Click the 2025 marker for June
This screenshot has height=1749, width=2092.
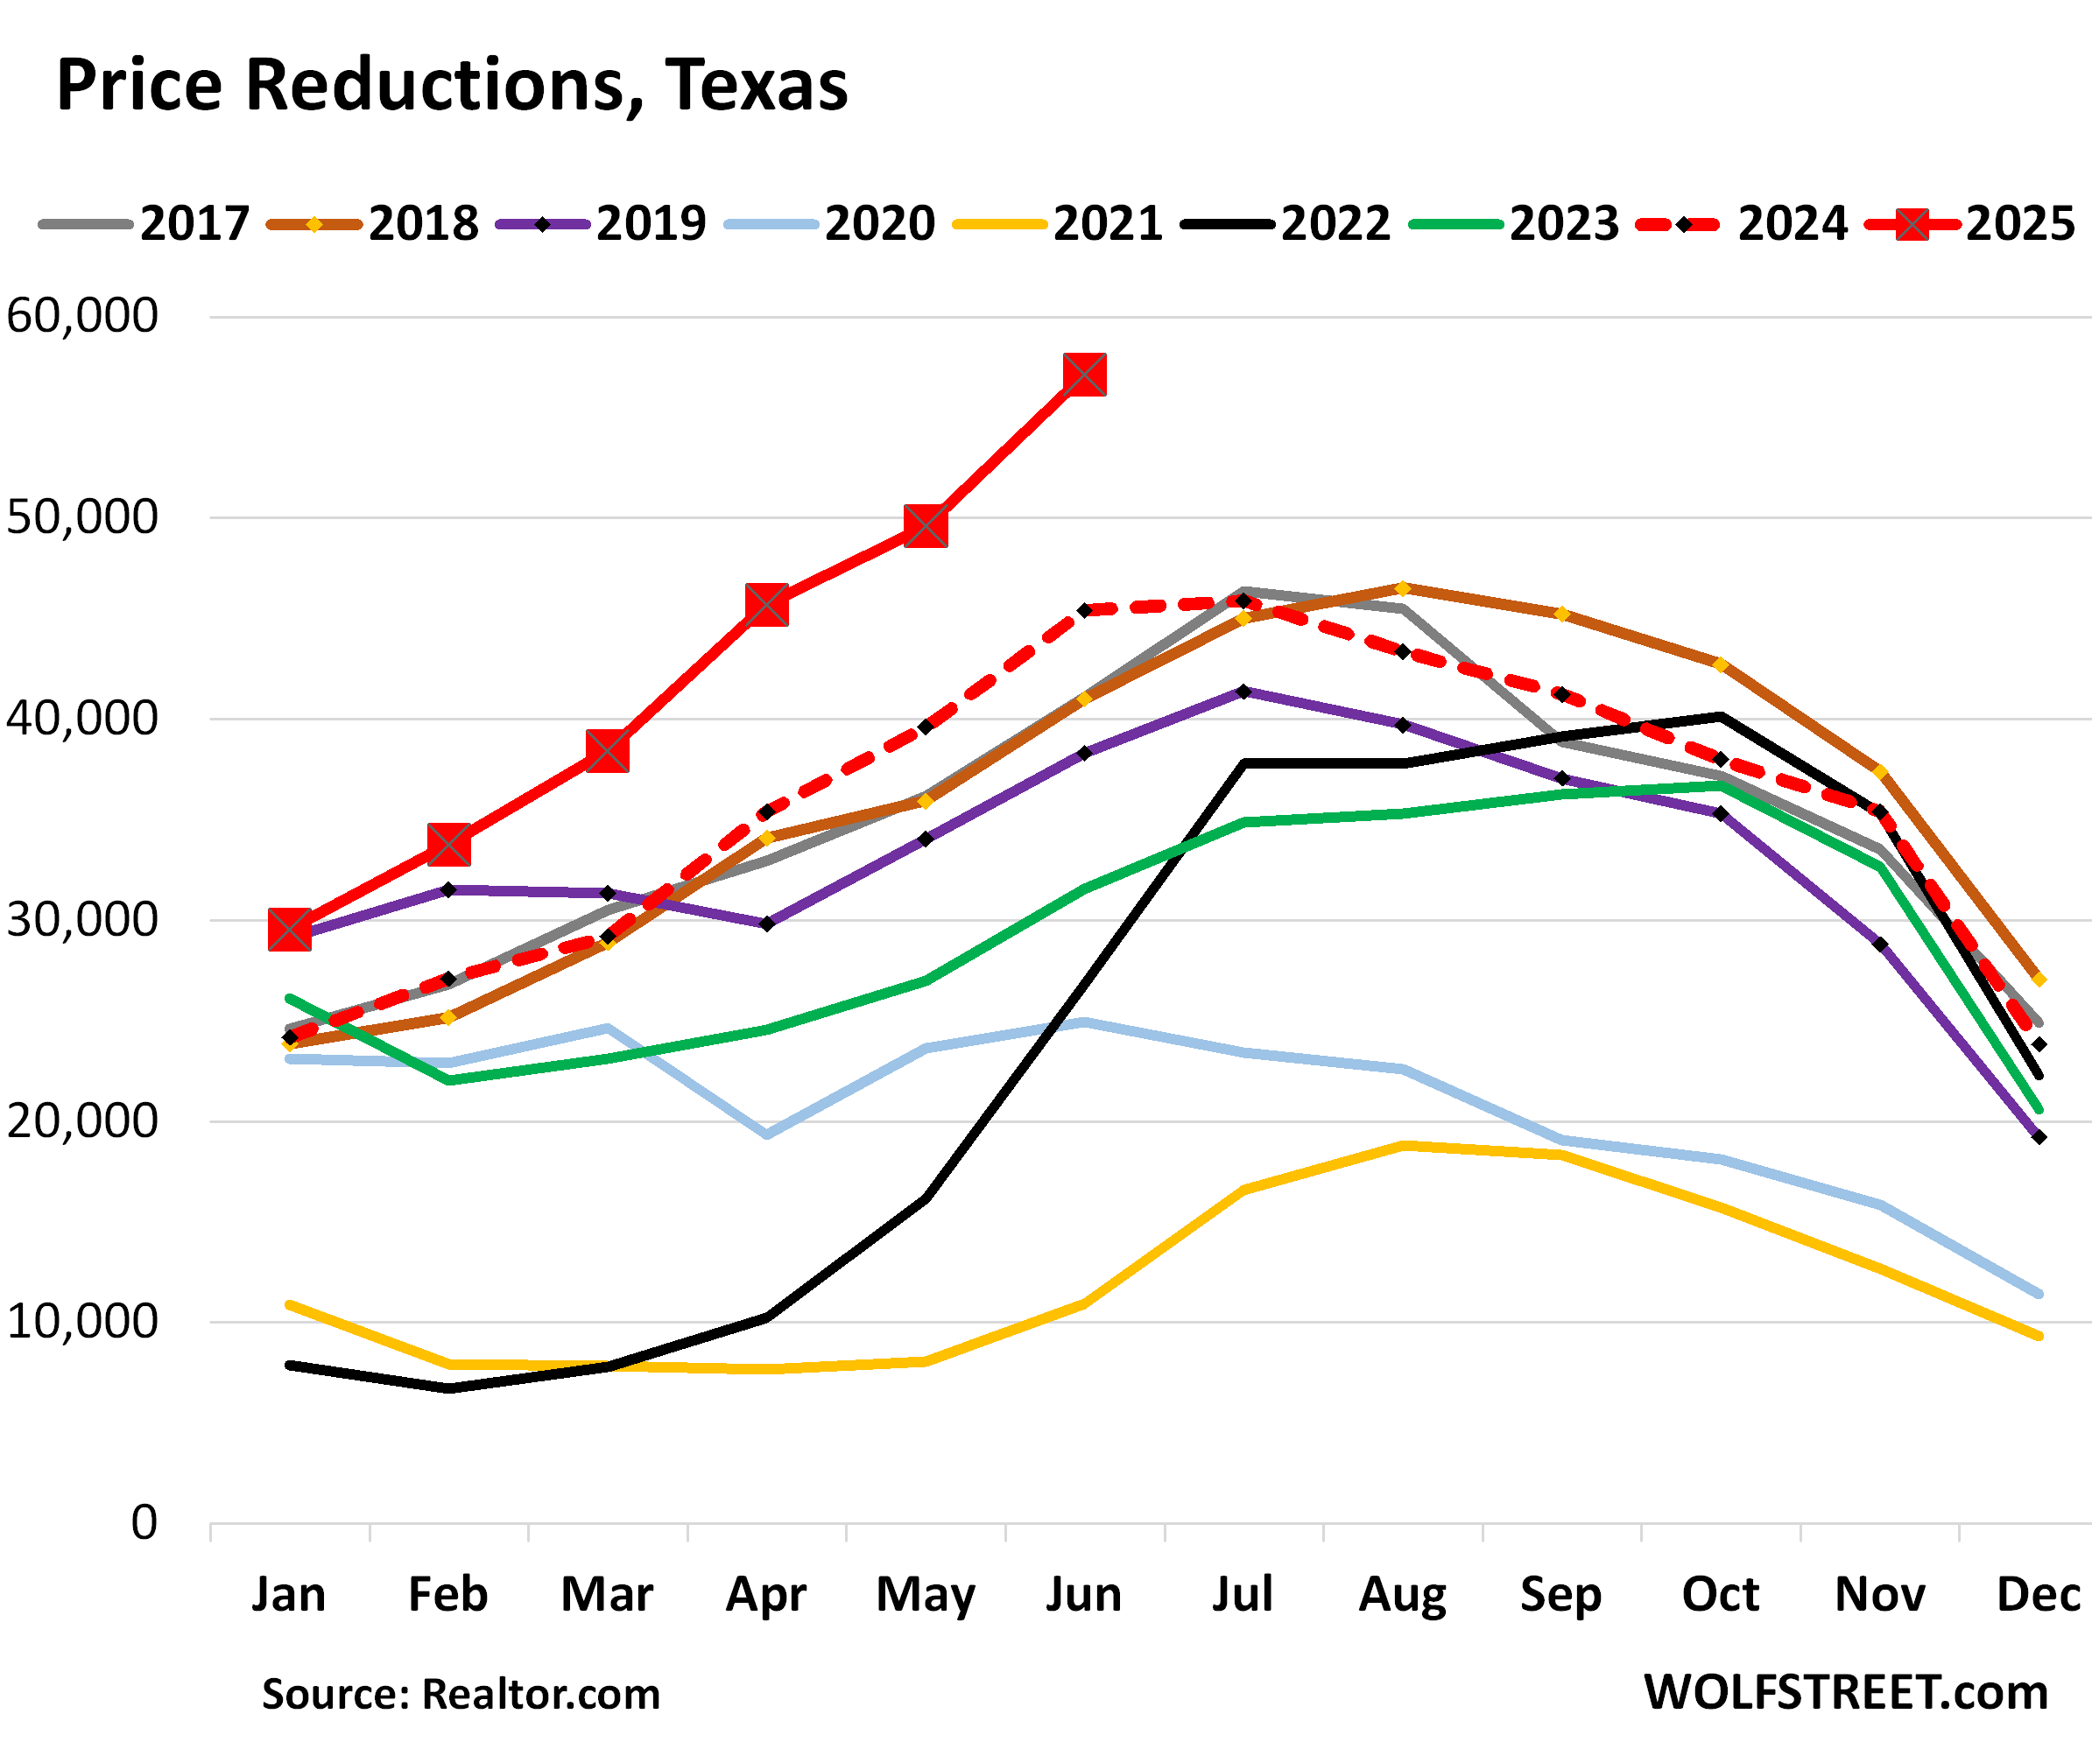(x=1084, y=375)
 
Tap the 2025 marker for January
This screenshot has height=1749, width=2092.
(x=289, y=930)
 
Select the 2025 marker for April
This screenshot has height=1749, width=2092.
(x=766, y=605)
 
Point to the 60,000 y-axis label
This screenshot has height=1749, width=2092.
(x=81, y=316)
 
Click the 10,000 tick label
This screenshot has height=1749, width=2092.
(x=81, y=1322)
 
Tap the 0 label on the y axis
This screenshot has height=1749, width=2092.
(x=144, y=1523)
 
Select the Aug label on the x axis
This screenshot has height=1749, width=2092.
(x=1402, y=1595)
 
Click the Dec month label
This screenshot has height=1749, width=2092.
(x=2039, y=1595)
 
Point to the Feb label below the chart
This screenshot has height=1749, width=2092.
(x=447, y=1595)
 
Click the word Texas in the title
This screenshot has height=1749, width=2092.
(x=757, y=85)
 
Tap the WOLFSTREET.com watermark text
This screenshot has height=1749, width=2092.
(x=1845, y=1692)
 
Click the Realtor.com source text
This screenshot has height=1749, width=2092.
(x=540, y=1694)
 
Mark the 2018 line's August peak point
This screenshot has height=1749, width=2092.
(x=1403, y=587)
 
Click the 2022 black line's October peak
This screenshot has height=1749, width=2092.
(x=1721, y=715)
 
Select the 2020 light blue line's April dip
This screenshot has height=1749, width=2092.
(x=766, y=1134)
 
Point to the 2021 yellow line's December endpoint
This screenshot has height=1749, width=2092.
(x=2039, y=1337)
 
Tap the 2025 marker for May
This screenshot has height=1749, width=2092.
(x=926, y=525)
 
